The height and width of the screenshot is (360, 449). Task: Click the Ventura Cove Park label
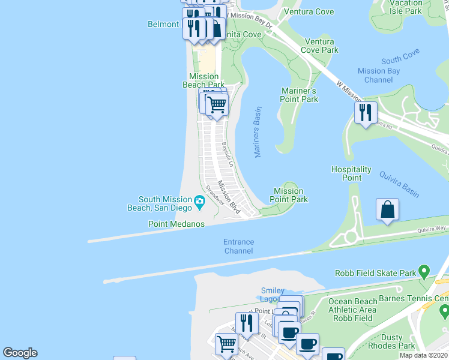(321, 46)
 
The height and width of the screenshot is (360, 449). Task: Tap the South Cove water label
(400, 59)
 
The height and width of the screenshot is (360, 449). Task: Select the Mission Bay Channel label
(378, 76)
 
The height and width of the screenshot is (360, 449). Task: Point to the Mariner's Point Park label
(299, 95)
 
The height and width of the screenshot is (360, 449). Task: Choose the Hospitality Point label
(351, 173)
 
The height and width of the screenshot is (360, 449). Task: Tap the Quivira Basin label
(399, 184)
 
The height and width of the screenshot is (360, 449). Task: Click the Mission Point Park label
(289, 195)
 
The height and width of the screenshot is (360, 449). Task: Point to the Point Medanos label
(176, 224)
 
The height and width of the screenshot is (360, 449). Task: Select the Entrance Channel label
(238, 246)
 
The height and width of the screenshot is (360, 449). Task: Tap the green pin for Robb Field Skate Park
(425, 273)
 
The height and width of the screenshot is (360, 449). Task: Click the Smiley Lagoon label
(273, 295)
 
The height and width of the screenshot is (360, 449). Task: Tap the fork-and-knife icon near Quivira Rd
(365, 112)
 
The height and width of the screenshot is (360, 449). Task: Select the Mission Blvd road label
(229, 197)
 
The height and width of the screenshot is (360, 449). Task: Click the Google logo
(20, 353)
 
